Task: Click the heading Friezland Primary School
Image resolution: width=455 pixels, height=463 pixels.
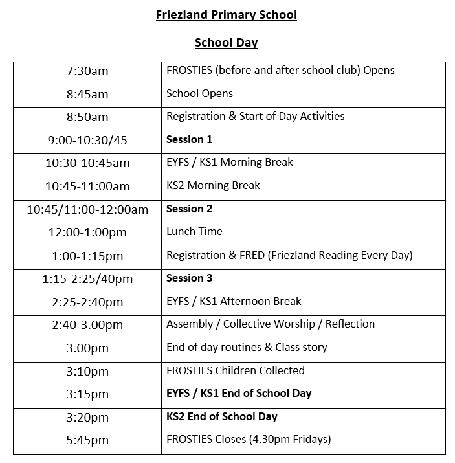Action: point(226,15)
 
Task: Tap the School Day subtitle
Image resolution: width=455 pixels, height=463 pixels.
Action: point(226,43)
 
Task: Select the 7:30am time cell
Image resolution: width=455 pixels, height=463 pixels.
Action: point(87,71)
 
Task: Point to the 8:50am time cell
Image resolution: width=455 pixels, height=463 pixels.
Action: point(87,117)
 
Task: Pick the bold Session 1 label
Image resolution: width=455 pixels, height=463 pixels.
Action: point(189,139)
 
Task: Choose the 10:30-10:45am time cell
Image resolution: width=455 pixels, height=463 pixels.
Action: point(87,163)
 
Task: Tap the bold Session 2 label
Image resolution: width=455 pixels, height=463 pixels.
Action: point(189,209)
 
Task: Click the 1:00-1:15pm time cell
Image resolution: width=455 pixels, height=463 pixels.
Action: point(87,256)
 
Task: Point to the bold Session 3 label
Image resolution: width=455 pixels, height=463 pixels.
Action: point(189,278)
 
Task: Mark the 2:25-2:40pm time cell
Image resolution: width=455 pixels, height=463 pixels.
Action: point(87,302)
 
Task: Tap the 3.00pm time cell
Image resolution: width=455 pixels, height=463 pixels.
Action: point(87,348)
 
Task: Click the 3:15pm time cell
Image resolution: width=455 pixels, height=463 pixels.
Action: point(87,394)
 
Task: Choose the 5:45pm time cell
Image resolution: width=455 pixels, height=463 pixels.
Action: point(87,440)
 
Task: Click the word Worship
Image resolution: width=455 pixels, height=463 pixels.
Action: point(295,324)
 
